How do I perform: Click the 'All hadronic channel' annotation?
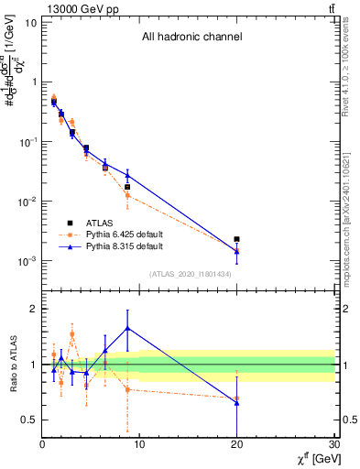pos(191,38)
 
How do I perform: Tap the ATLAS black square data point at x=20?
pos(237,239)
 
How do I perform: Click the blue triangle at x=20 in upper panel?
pos(237,250)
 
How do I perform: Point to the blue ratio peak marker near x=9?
pos(127,328)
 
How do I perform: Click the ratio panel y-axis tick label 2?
pos(32,309)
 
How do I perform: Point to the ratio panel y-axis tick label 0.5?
pos(28,420)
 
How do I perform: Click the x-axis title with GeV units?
pos(311,458)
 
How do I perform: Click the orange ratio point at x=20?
pos(237,399)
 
